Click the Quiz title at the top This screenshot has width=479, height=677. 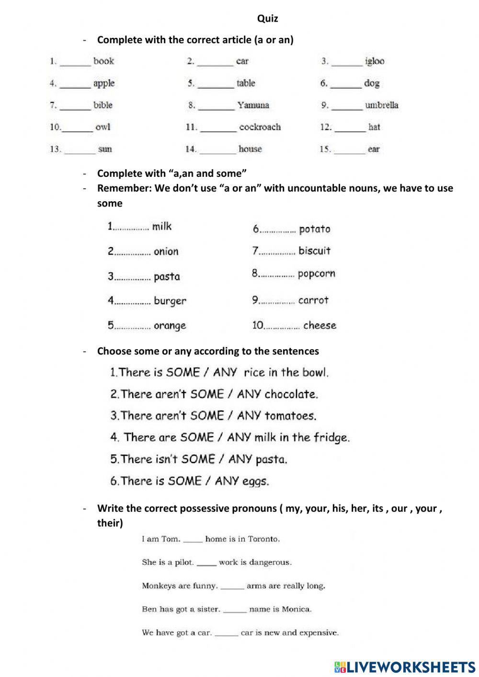click(x=267, y=19)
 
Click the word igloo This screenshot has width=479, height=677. click(x=375, y=61)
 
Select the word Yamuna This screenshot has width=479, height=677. click(x=253, y=105)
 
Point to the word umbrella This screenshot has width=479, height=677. click(x=381, y=105)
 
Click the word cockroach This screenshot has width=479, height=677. click(x=260, y=127)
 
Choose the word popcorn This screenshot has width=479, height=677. click(x=316, y=274)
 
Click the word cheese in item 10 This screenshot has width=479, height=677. click(x=319, y=325)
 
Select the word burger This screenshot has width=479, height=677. click(x=170, y=301)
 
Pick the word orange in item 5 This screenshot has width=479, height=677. click(x=170, y=326)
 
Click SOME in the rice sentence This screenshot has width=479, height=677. click(x=183, y=372)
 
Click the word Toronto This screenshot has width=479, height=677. click(x=263, y=539)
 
